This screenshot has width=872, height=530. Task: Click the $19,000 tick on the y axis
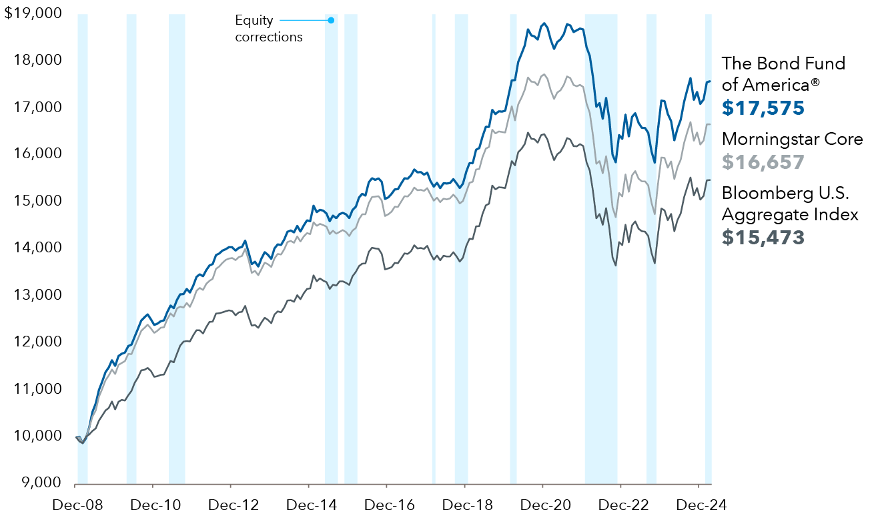click(33, 13)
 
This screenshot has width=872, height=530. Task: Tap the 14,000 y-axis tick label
click(39, 248)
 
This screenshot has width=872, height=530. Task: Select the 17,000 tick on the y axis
click(39, 107)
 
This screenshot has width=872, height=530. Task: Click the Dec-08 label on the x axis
click(77, 505)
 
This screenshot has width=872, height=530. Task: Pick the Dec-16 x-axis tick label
click(386, 505)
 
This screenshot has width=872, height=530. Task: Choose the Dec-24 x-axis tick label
click(698, 505)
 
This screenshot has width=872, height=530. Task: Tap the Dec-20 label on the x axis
click(542, 505)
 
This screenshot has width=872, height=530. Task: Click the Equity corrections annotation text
click(268, 29)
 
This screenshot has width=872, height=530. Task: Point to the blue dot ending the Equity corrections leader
click(331, 20)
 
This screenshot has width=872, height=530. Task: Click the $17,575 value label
click(763, 108)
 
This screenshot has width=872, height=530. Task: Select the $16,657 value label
click(763, 162)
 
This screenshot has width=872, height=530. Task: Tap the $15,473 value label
click(763, 237)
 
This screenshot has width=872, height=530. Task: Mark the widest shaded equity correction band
click(601, 247)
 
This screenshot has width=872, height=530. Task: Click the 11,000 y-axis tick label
click(39, 388)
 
